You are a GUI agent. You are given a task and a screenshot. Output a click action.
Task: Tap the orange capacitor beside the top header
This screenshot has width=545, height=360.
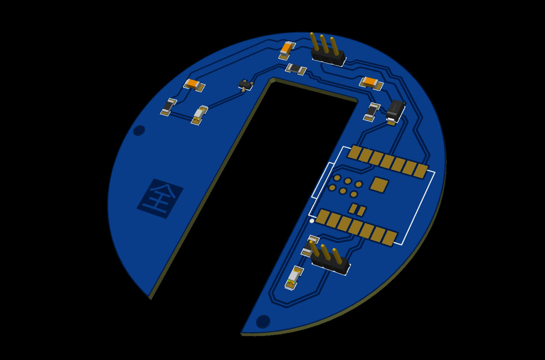click(x=287, y=51)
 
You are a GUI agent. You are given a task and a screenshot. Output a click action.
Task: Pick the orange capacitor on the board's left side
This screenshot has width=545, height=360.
click(x=194, y=85)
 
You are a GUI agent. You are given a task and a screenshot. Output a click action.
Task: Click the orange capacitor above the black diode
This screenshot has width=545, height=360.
click(x=371, y=83)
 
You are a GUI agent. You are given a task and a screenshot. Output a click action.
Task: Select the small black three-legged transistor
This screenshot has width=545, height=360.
click(x=245, y=85)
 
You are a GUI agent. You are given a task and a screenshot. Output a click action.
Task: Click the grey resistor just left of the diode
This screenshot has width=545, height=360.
click(x=372, y=112)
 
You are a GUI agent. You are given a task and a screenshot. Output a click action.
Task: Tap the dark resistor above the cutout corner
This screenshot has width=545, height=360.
click(x=296, y=69)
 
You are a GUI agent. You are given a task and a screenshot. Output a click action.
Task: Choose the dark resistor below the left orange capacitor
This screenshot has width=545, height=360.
click(x=168, y=107)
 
